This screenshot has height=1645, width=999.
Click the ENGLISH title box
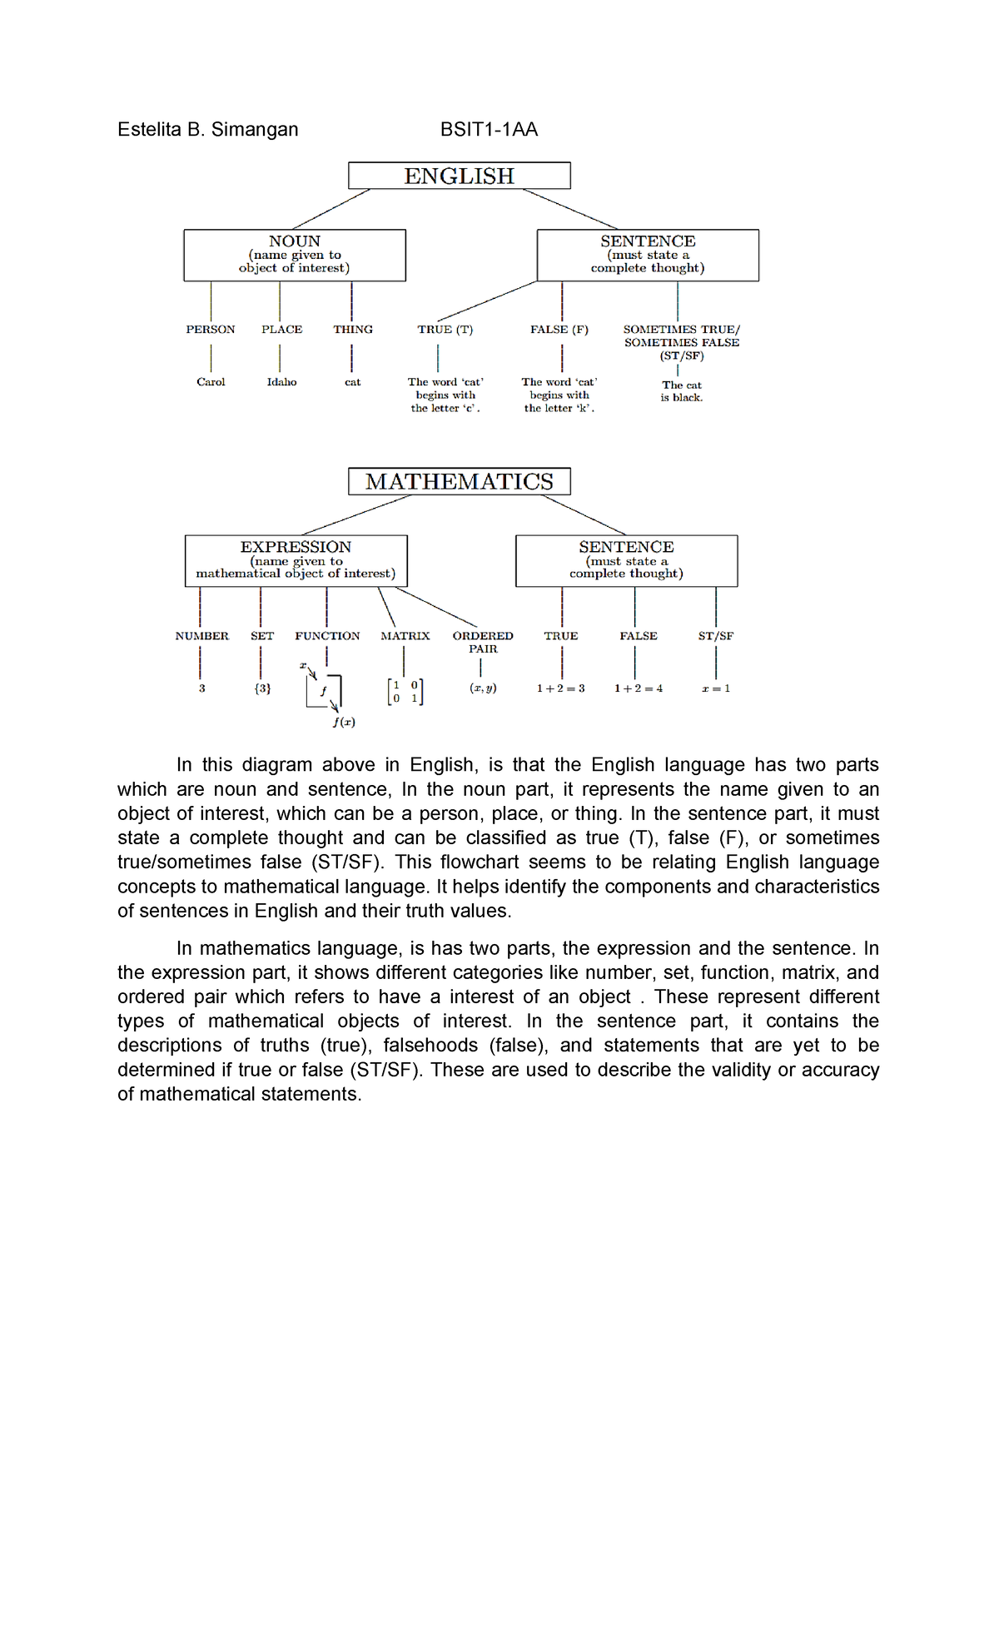459,176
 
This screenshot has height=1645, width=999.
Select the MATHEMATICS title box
459,481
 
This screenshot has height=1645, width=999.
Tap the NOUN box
295,255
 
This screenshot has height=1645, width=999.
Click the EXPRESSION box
296,560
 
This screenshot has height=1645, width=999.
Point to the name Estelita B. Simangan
208,129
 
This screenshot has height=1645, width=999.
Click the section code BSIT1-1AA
489,129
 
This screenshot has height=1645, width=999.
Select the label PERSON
211,330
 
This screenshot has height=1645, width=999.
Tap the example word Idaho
281,382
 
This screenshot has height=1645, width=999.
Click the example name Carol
211,382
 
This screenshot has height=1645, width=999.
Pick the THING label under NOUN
353,330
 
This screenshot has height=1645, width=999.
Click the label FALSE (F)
559,330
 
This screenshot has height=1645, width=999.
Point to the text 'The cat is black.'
682,391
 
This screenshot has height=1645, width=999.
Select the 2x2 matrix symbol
405,692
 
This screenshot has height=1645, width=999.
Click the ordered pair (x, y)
483,688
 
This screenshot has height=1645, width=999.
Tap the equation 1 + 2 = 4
639,688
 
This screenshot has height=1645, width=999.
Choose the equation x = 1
716,688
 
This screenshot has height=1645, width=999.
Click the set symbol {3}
262,688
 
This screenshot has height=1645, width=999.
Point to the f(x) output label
344,722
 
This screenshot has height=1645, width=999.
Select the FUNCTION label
327,636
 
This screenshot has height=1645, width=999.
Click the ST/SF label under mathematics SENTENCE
716,636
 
